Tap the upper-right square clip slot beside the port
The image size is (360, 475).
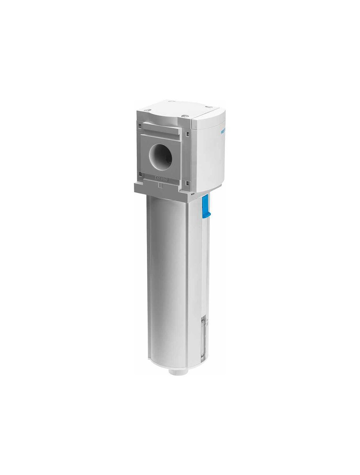pos(187,133)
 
